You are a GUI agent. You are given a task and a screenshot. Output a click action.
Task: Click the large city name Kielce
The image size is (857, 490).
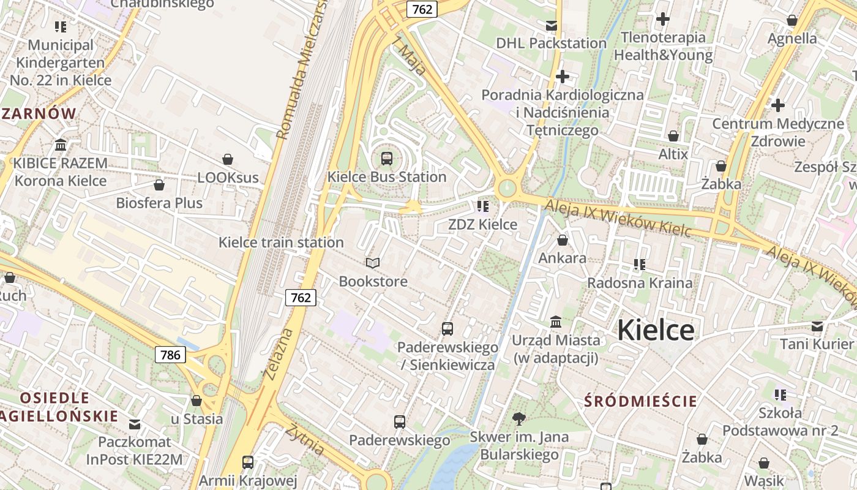pos(655,331)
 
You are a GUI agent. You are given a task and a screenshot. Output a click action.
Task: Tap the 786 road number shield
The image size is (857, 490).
pos(170,354)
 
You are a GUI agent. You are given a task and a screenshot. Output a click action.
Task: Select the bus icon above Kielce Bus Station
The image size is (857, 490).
pos(387,159)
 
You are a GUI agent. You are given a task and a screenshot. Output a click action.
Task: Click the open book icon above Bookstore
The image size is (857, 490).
pos(373,263)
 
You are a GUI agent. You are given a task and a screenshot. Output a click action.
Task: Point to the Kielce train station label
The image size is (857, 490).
pos(281,242)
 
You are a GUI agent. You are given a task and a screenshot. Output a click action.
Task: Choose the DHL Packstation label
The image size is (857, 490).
pos(551,43)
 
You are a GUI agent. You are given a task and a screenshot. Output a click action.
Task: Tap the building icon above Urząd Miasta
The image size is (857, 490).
pos(556,321)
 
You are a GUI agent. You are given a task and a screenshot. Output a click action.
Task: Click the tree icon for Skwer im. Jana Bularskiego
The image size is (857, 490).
pos(519,419)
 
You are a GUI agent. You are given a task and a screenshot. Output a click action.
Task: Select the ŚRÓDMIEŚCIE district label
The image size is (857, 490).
pos(640,401)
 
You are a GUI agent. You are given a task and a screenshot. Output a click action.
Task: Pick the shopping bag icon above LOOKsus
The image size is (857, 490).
pos(228,159)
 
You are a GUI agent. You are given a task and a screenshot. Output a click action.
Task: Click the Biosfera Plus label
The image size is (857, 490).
pos(159,203)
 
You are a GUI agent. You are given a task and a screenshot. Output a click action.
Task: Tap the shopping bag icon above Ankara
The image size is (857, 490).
pos(562,240)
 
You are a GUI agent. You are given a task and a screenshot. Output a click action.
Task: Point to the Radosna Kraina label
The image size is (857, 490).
pos(640,282)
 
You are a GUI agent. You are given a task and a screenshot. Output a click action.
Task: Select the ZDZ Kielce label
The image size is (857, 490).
pos(482,224)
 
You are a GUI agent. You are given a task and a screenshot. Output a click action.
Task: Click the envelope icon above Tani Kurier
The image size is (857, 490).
pos(817,326)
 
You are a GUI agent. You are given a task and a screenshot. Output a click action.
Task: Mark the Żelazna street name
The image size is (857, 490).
pos(279,353)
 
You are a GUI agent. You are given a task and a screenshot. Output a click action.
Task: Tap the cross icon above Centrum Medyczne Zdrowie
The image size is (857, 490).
pos(778,105)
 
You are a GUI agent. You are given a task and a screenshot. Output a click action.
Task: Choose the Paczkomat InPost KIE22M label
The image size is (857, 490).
pos(134,450)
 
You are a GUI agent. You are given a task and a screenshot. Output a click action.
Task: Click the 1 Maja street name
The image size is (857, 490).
pos(410,56)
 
